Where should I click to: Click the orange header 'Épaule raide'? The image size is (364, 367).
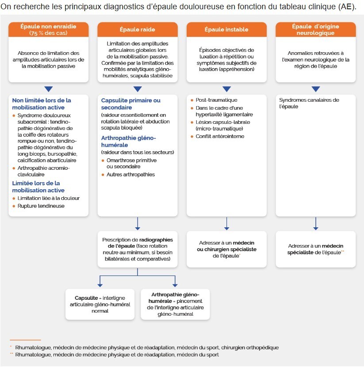(138, 30)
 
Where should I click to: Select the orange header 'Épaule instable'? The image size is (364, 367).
(226, 30)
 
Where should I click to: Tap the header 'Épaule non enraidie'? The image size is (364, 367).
(49, 30)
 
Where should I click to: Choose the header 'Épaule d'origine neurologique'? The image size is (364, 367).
(315, 30)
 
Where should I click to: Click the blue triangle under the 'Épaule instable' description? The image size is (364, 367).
(226, 89)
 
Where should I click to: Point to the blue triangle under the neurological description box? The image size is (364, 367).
(315, 89)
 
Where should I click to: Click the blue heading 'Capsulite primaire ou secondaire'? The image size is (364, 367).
(130, 103)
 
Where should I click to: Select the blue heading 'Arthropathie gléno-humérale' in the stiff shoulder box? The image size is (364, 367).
(128, 141)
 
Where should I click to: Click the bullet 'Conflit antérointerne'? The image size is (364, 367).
(220, 136)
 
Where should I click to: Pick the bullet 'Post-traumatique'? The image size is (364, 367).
(216, 100)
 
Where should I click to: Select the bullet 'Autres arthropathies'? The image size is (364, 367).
(130, 175)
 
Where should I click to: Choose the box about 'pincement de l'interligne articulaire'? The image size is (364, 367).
(175, 305)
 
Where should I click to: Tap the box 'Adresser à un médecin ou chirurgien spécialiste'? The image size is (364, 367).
(226, 249)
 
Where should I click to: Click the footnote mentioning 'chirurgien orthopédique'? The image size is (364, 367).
(147, 348)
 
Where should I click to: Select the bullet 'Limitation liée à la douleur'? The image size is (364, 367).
(49, 198)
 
